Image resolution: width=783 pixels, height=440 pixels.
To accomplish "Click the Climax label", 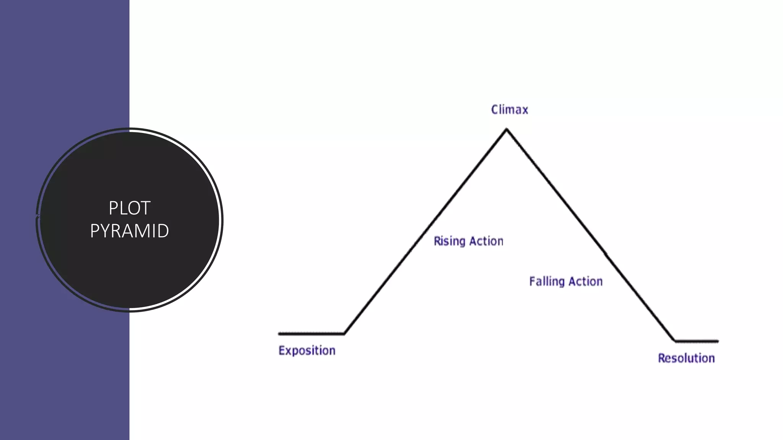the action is pyautogui.click(x=509, y=110).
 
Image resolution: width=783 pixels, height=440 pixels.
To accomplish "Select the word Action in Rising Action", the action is pyautogui.click(x=486, y=241).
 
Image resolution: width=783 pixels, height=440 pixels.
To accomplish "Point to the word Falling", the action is pyautogui.click(x=547, y=281).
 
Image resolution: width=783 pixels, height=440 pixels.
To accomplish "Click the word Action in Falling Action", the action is pyautogui.click(x=585, y=281).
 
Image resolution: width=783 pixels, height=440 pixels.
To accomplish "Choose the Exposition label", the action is pyautogui.click(x=307, y=351).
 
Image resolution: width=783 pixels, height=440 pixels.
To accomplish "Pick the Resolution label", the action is pyautogui.click(x=686, y=358).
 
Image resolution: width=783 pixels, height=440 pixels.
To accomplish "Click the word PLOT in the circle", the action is pyautogui.click(x=130, y=208).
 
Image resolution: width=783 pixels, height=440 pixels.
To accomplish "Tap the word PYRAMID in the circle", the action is pyautogui.click(x=130, y=231).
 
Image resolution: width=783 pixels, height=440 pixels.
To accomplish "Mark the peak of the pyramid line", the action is pyautogui.click(x=507, y=130).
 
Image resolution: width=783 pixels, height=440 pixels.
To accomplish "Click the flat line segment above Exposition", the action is pyautogui.click(x=311, y=334).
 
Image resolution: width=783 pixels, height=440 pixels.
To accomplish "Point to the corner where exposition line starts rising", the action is pyautogui.click(x=344, y=333).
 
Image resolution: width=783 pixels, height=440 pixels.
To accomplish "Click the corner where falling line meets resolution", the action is pyautogui.click(x=674, y=340).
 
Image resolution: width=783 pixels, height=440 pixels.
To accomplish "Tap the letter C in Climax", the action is pyautogui.click(x=495, y=110).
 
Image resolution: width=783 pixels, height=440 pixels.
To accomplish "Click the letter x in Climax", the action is pyautogui.click(x=525, y=110).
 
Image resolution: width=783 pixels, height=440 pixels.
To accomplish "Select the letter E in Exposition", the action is pyautogui.click(x=281, y=350).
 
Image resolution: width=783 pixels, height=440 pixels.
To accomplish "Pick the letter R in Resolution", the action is pyautogui.click(x=661, y=358).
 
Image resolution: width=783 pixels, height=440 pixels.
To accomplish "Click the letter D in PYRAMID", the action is pyautogui.click(x=163, y=231).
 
